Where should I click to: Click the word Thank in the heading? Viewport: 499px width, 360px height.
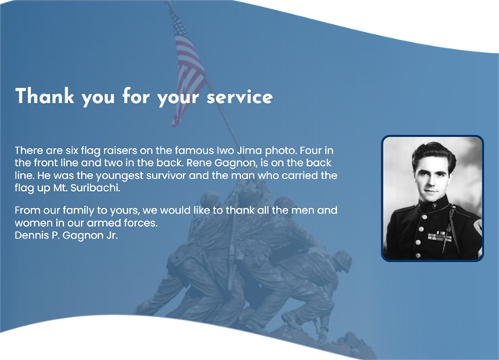(44, 96)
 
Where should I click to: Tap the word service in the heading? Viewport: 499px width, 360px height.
(239, 97)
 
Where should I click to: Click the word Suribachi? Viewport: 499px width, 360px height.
(95, 188)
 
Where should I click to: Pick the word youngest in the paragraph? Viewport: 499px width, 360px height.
(119, 175)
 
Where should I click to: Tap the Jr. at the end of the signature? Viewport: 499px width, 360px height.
(112, 235)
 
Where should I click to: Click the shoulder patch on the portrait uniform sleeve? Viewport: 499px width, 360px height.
(477, 228)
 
